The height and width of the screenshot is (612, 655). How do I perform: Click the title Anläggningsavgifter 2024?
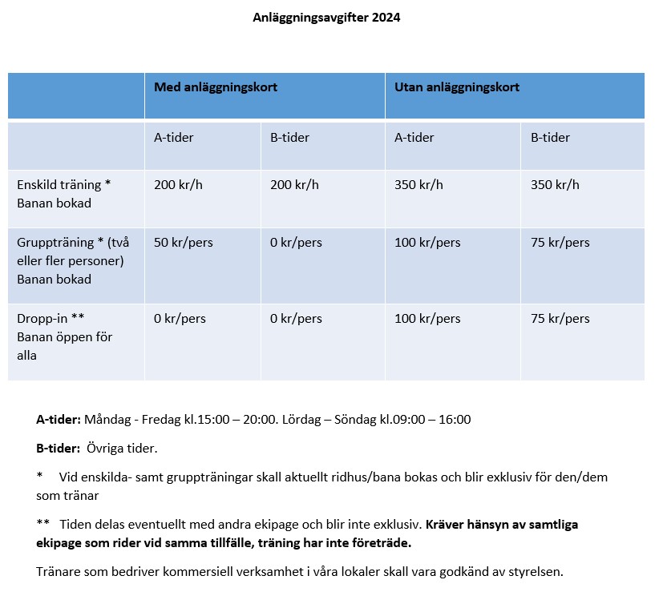[x=326, y=18]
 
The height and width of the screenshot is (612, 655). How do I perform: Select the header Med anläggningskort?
[x=216, y=87]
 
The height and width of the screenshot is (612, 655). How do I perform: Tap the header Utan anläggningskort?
[x=457, y=87]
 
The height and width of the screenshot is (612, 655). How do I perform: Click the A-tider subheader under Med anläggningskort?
[x=174, y=138]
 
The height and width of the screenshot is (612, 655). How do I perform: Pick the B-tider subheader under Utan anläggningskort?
[x=550, y=138]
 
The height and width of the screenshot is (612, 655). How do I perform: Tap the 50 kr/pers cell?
[x=184, y=243]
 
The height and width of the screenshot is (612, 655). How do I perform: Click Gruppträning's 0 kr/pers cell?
[x=296, y=243]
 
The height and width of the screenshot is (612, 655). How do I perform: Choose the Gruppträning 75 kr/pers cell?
[x=560, y=243]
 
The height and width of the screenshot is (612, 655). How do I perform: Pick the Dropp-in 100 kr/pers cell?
[x=427, y=319]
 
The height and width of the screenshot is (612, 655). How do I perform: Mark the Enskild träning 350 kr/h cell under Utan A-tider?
[x=418, y=185]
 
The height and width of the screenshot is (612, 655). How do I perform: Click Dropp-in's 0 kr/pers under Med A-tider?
[x=180, y=319]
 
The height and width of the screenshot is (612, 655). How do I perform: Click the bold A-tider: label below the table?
[x=59, y=419]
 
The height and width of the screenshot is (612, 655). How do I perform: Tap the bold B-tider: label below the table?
[x=58, y=448]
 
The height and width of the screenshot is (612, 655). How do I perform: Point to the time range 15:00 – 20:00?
[x=237, y=419]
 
